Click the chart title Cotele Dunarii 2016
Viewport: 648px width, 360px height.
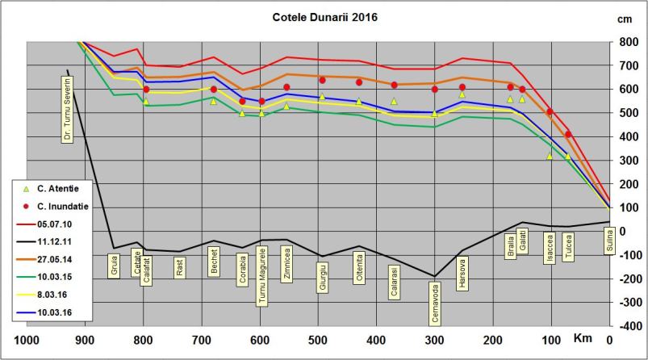point(324,16)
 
